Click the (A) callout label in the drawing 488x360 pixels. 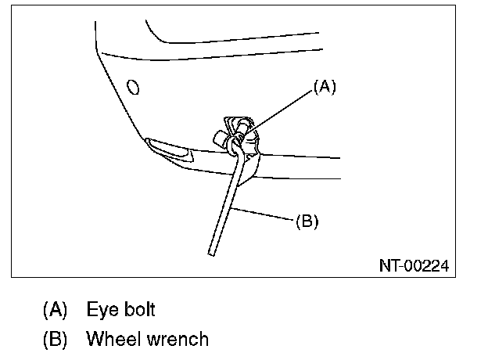(324, 88)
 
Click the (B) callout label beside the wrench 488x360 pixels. (307, 222)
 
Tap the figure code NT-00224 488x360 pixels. (414, 266)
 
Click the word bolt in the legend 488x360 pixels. (139, 309)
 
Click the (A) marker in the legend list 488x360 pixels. (54, 309)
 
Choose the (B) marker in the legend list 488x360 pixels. (54, 339)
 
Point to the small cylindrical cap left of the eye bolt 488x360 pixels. (218, 137)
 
